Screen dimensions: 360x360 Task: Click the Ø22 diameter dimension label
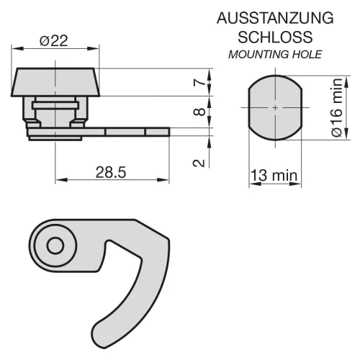click(54, 40)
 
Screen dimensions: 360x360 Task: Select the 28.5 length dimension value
click(111, 172)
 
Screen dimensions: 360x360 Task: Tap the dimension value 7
click(199, 83)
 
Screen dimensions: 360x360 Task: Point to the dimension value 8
click(199, 112)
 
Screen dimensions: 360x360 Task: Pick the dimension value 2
click(199, 163)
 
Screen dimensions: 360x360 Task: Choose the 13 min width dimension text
click(274, 176)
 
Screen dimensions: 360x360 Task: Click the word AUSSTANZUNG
click(275, 18)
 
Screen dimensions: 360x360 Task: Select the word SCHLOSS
click(275, 37)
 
